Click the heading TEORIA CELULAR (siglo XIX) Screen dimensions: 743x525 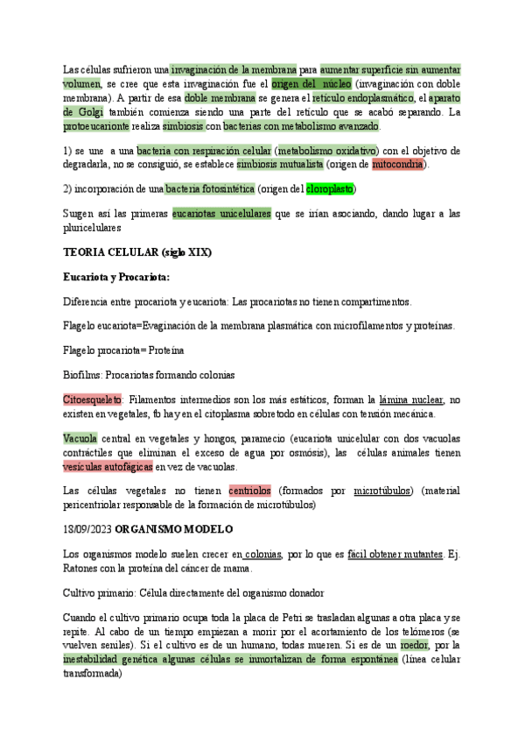click(137, 252)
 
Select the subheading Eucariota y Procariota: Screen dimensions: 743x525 click(116, 277)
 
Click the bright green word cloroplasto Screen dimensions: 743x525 click(330, 188)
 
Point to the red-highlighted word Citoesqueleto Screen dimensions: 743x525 click(93, 400)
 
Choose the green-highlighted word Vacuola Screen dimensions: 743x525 click(80, 438)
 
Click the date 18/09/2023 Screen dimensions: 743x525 click(87, 529)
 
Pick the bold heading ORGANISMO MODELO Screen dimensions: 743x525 click(172, 529)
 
